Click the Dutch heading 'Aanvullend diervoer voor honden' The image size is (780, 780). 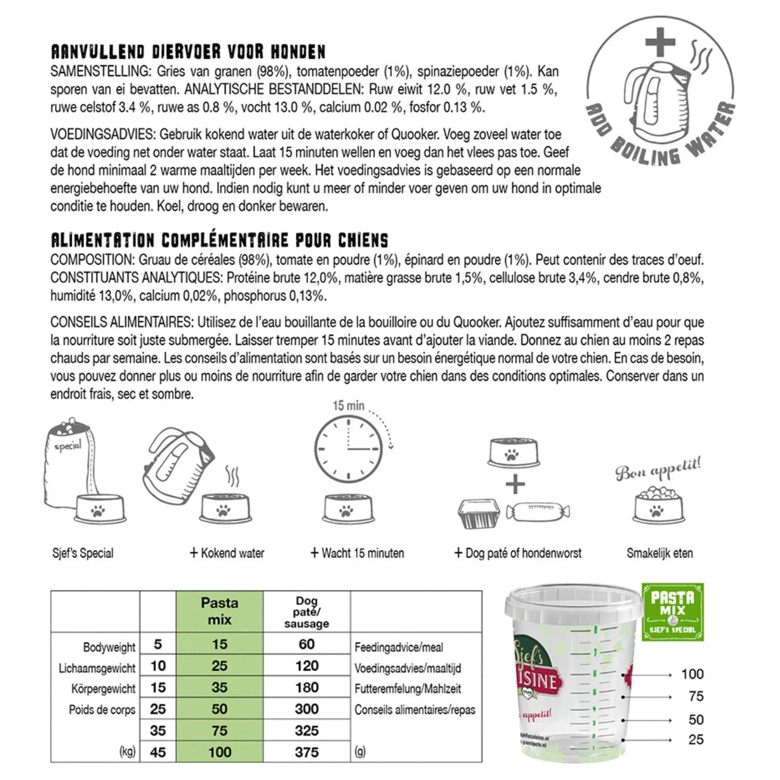coord(188,52)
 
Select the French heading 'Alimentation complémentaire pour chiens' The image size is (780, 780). coord(219,240)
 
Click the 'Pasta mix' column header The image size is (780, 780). coord(219,611)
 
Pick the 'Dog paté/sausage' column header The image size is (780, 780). coord(307,612)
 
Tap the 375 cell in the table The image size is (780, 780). coord(307,752)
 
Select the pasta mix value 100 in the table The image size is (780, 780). coord(219,752)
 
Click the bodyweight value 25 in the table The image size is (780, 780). coord(158,709)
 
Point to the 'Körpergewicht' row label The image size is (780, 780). coord(103,688)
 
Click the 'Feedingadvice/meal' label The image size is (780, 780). coord(399,647)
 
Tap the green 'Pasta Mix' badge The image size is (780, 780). coord(672,612)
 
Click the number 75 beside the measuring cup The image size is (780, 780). coord(696,696)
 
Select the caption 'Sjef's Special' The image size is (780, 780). coord(83,553)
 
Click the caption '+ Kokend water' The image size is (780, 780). coord(227,553)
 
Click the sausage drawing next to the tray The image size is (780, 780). coord(538,512)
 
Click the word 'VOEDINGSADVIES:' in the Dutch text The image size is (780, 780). coord(103,135)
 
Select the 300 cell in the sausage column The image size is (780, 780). coord(307,709)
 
